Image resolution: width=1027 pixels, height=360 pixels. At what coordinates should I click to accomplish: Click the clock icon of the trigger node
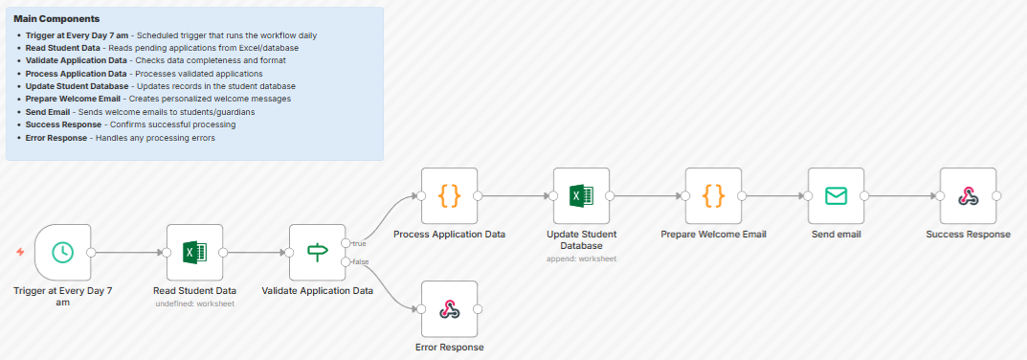click(x=62, y=252)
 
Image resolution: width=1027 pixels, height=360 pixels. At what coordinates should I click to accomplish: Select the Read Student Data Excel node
click(x=194, y=252)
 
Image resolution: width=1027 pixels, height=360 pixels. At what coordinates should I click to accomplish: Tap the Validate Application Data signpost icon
click(x=317, y=252)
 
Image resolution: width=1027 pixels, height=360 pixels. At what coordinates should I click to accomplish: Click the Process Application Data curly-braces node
click(x=449, y=195)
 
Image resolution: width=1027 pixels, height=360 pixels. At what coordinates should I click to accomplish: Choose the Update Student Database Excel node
click(x=581, y=195)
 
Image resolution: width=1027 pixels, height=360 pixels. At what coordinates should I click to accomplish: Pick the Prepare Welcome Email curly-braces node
click(x=713, y=195)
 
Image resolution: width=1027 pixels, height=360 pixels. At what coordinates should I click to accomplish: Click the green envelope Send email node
click(x=836, y=195)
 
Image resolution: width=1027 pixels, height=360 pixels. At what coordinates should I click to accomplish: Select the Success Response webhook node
click(x=968, y=195)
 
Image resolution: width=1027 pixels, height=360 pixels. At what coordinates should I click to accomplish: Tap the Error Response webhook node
click(x=449, y=308)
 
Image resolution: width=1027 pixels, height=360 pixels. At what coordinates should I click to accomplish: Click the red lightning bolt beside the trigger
click(x=20, y=252)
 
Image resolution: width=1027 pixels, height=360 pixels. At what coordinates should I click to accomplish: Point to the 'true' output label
click(x=359, y=243)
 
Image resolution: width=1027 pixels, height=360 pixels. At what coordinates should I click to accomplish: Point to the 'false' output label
click(x=360, y=261)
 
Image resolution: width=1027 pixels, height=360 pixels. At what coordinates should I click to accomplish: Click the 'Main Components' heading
click(x=56, y=19)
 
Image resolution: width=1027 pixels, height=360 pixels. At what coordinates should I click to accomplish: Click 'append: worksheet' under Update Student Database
click(x=581, y=259)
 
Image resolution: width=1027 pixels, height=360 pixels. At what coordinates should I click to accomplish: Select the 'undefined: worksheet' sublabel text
click(x=194, y=304)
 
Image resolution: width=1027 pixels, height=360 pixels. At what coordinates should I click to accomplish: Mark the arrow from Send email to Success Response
click(x=900, y=195)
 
